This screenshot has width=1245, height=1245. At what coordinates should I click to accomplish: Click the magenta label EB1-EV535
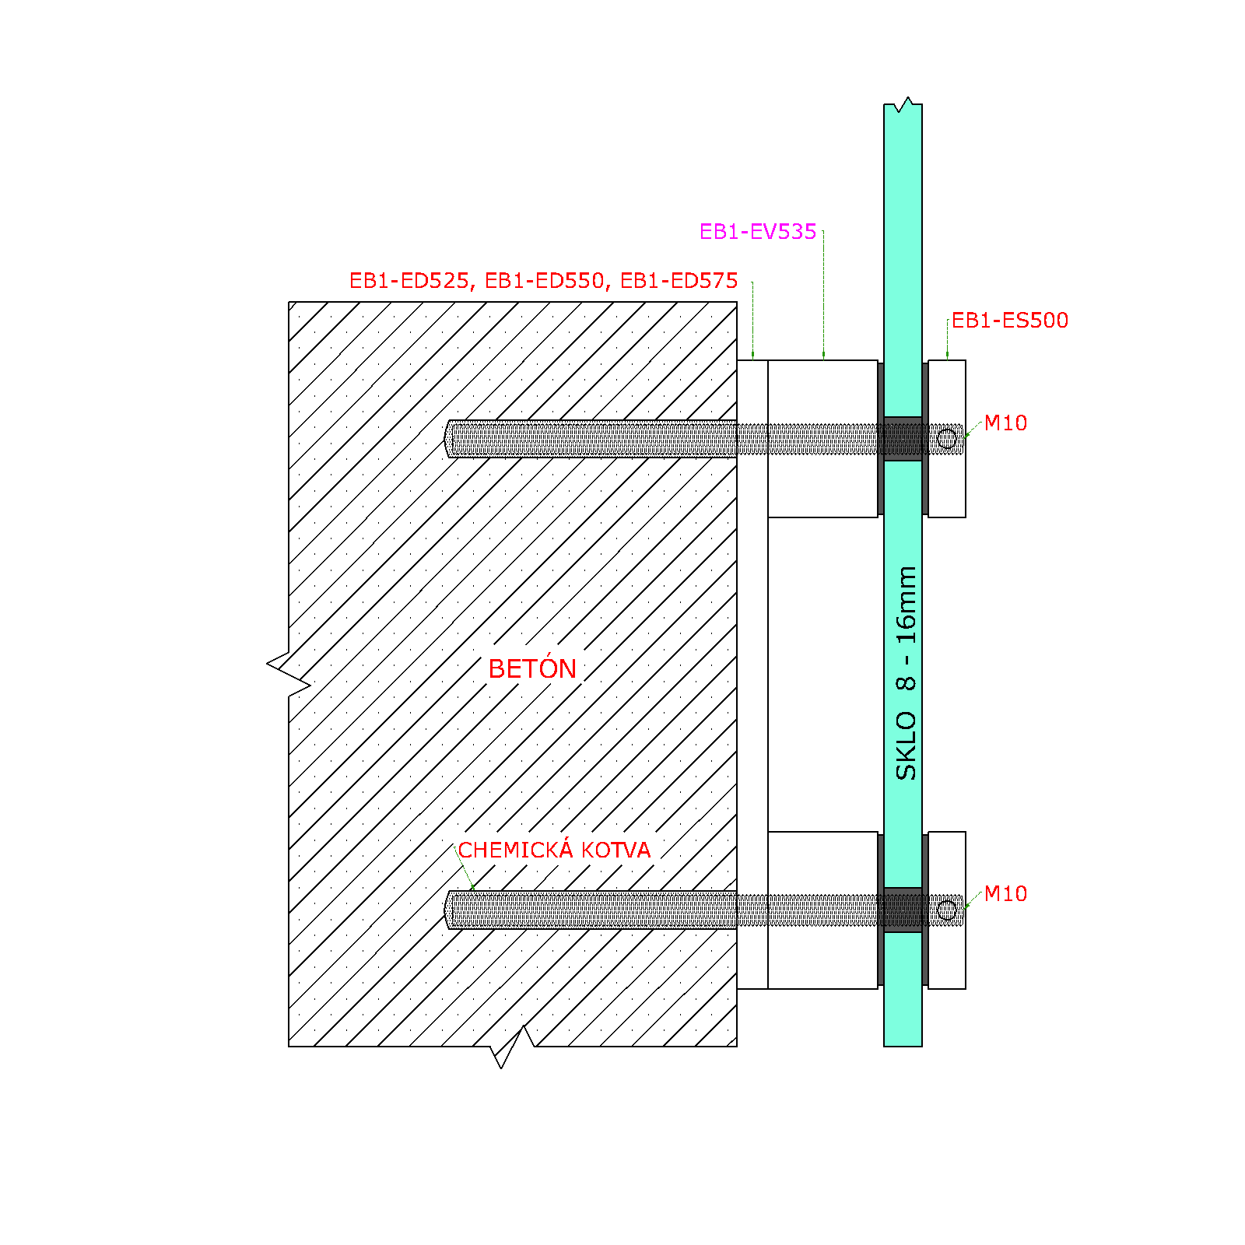(x=758, y=232)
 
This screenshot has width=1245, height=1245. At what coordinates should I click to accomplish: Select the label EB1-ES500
(x=1010, y=321)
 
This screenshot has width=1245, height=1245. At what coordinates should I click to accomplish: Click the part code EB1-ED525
(x=409, y=281)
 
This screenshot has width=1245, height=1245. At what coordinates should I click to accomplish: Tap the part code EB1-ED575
(x=679, y=281)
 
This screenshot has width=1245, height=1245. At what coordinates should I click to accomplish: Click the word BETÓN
(x=532, y=668)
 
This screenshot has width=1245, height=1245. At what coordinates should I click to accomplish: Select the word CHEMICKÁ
(x=516, y=849)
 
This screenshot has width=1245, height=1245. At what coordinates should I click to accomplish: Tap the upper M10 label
(x=1005, y=423)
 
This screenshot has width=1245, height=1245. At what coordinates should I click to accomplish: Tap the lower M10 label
(x=1005, y=894)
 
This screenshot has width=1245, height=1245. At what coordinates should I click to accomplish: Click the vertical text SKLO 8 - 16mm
(x=906, y=673)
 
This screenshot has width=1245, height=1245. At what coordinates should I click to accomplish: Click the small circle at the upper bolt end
(x=946, y=439)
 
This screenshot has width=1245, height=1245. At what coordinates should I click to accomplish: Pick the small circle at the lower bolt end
(x=946, y=910)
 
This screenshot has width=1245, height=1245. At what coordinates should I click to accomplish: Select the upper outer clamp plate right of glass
(x=947, y=439)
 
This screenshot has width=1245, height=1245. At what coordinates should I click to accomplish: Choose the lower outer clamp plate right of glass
(x=947, y=910)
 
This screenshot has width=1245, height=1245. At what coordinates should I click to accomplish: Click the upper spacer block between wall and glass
(x=822, y=439)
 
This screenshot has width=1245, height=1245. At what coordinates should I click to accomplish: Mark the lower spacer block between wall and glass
(x=822, y=910)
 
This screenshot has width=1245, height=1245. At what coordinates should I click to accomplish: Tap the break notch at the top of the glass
(x=903, y=104)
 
